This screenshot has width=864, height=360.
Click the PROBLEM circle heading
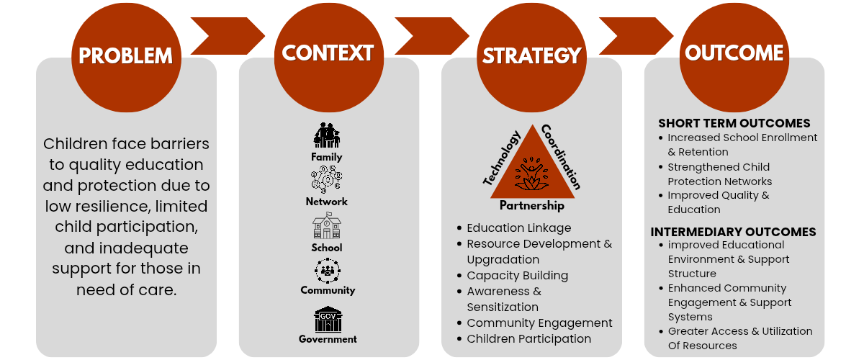tap(126, 55)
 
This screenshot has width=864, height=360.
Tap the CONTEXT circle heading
tap(328, 53)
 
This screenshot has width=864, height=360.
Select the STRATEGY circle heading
tap(531, 55)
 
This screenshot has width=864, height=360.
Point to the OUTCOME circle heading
tap(734, 53)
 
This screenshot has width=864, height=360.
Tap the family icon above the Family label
tap(327, 135)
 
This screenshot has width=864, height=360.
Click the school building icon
tap(327, 227)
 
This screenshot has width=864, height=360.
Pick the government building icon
tap(328, 319)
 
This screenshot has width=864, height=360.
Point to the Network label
tap(327, 202)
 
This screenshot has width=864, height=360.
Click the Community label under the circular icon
tap(328, 290)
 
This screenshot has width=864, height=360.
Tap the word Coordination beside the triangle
tap(560, 156)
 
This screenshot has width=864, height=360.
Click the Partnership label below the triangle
tap(532, 206)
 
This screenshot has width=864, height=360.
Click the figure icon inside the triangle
tap(533, 174)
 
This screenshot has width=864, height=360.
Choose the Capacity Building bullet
tap(517, 275)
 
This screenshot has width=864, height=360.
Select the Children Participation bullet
tap(528, 338)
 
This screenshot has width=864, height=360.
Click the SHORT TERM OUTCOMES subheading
tap(734, 123)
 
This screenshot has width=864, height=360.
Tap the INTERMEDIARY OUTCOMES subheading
tap(733, 232)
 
